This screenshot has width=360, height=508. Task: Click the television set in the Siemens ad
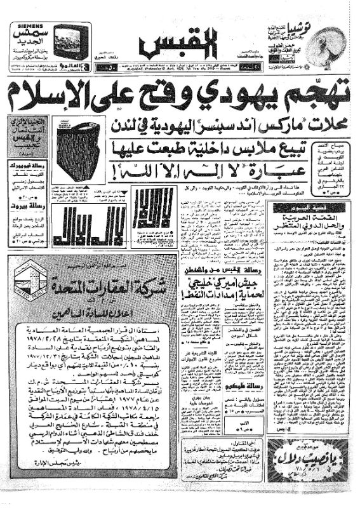[x=72, y=42]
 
